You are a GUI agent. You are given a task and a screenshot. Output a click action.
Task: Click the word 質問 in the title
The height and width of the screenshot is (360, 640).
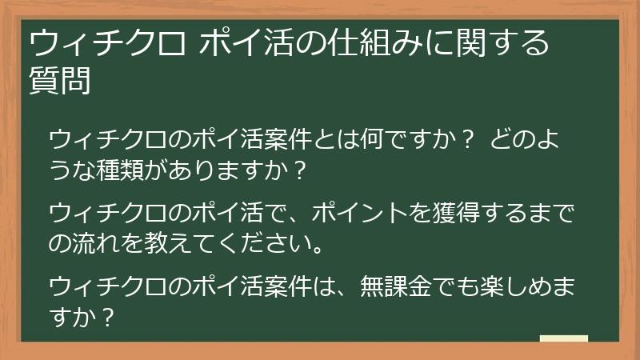click(x=59, y=81)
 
